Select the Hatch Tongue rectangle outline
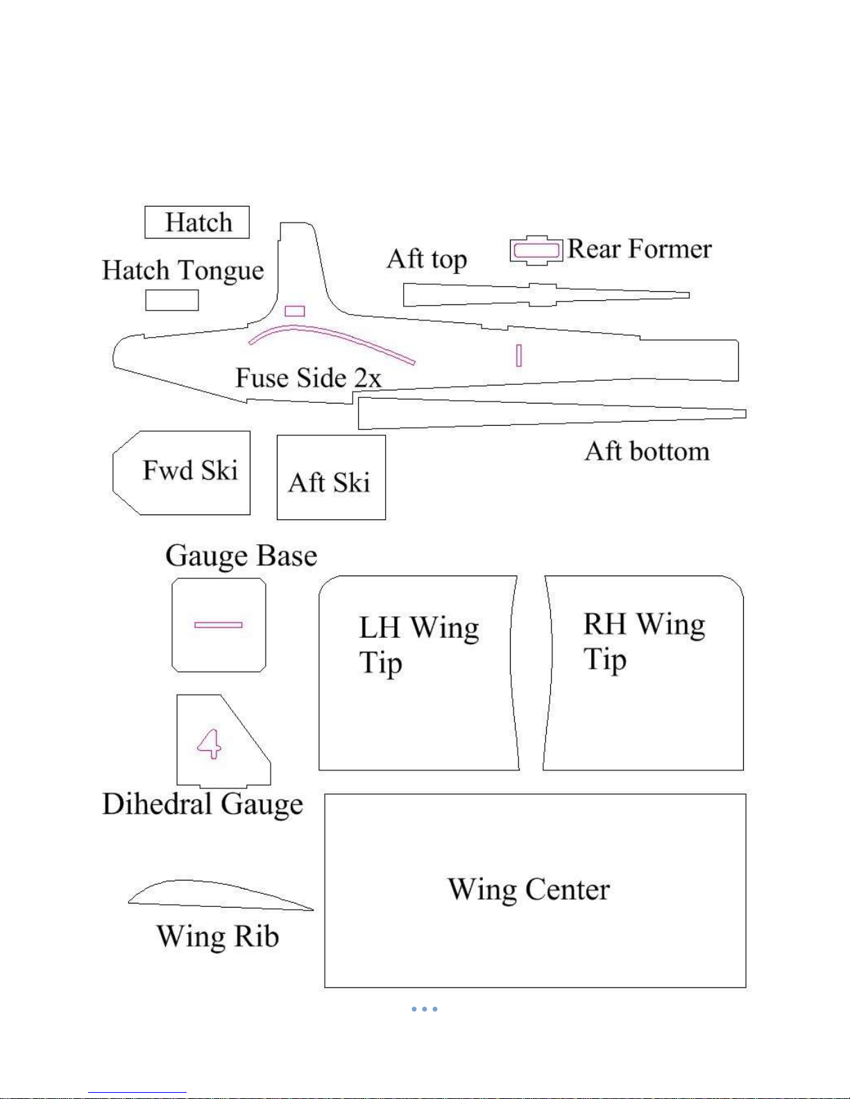[172, 291]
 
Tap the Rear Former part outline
[536, 236]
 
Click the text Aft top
[427, 259]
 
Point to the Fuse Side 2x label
[308, 378]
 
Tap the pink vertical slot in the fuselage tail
[518, 355]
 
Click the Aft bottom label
[647, 451]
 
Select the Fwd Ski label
[190, 470]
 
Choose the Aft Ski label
[330, 482]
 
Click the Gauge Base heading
[241, 556]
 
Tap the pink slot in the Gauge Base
[219, 625]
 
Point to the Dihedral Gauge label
[203, 804]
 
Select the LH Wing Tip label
[419, 646]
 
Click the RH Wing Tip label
[644, 641]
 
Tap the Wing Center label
[529, 890]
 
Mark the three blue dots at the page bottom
[425, 1009]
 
